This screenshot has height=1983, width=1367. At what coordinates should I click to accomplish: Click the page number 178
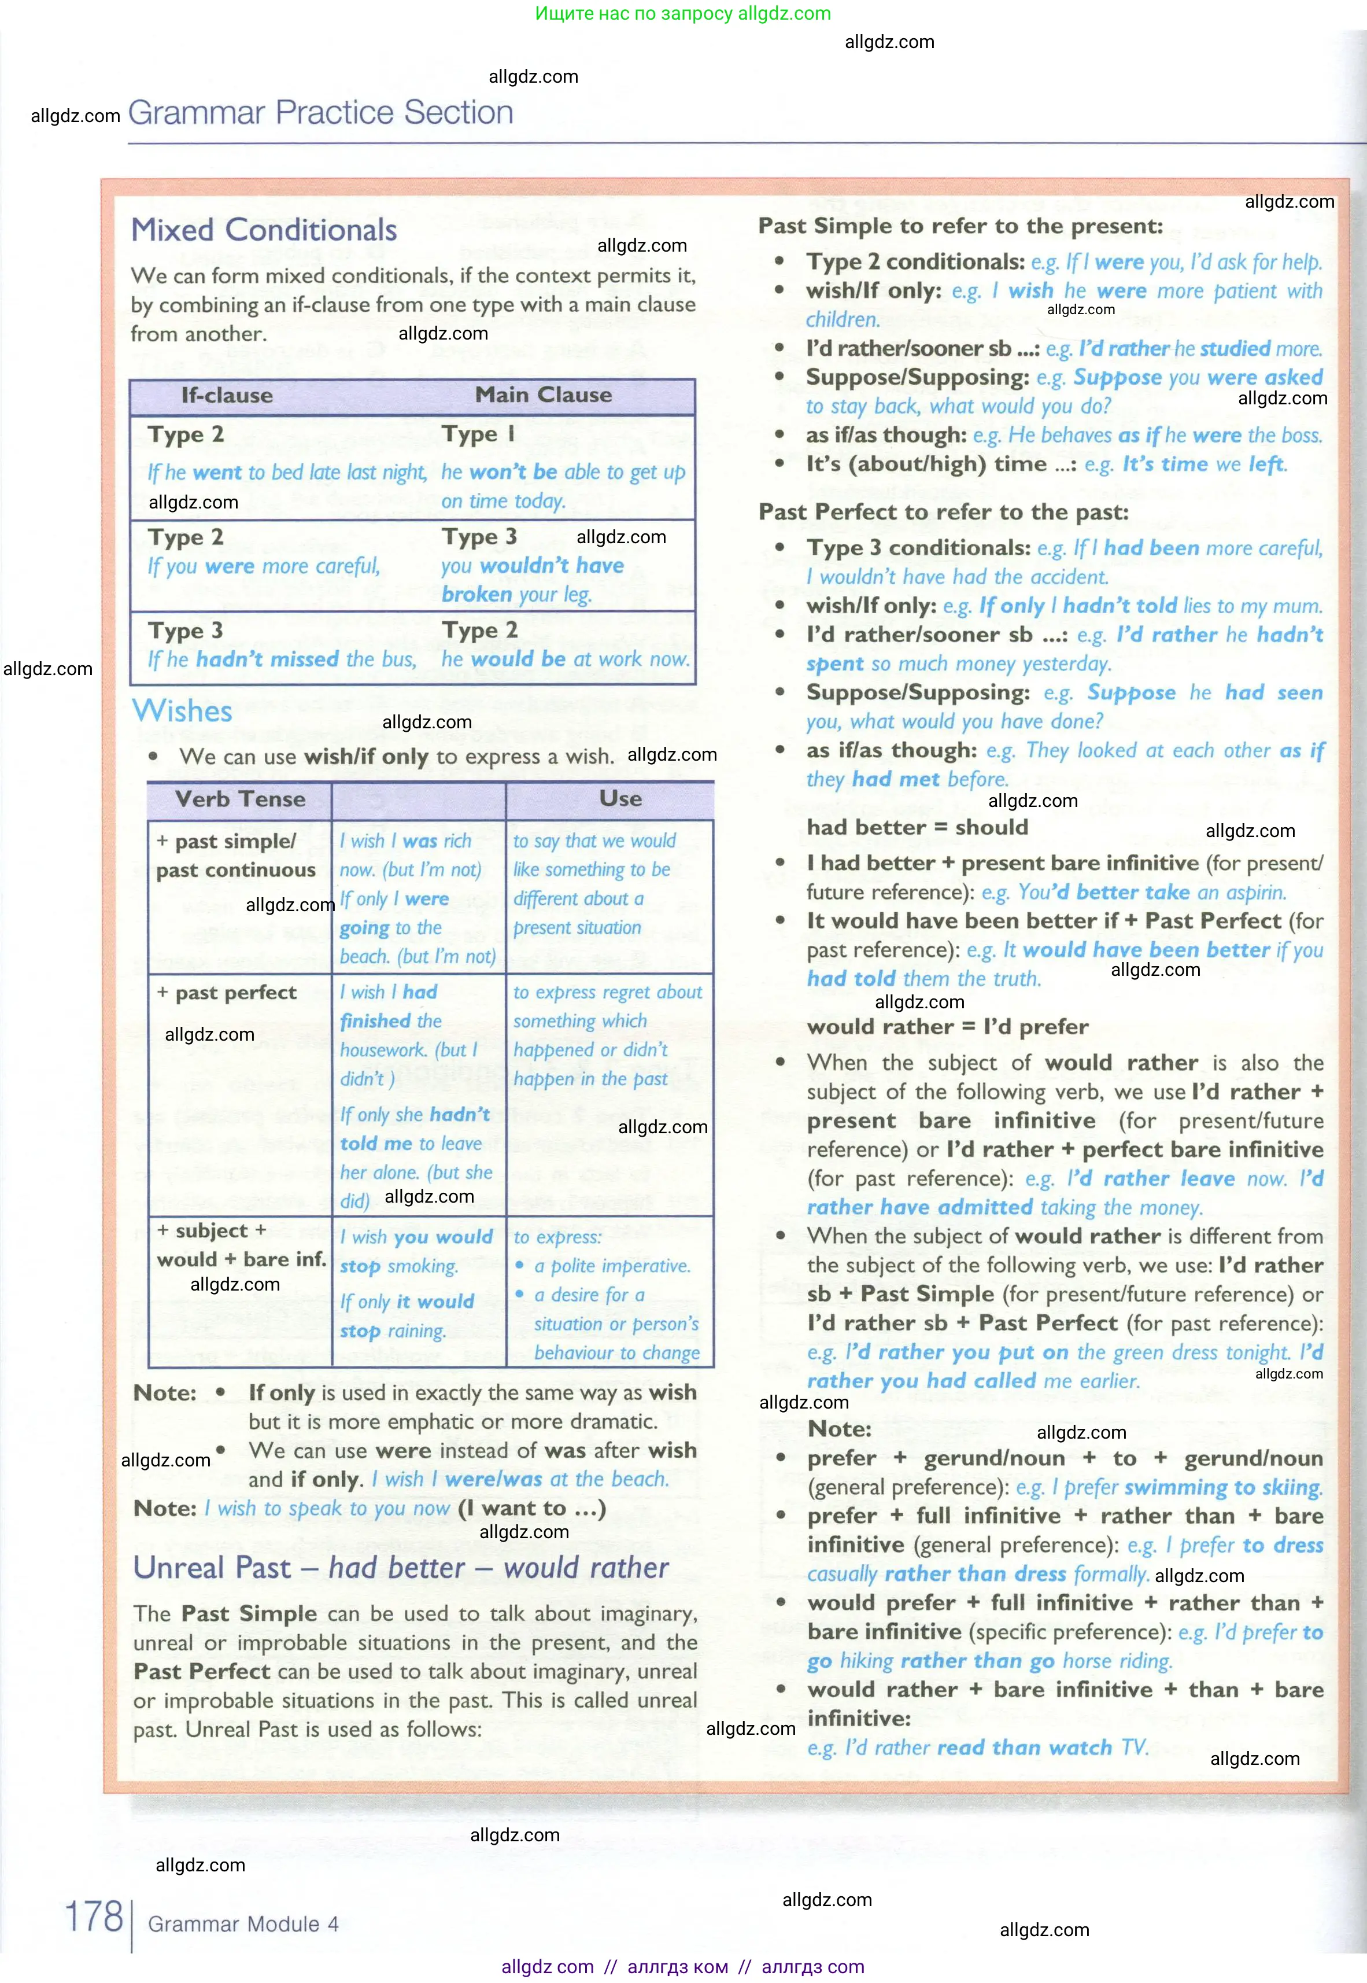pyautogui.click(x=94, y=1916)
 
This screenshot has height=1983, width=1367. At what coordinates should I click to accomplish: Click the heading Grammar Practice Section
pyautogui.click(x=320, y=113)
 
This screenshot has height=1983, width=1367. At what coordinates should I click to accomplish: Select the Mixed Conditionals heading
pyautogui.click(x=264, y=230)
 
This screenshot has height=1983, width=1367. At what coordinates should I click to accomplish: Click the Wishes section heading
pyautogui.click(x=182, y=711)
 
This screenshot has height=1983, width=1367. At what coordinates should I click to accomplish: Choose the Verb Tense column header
pyautogui.click(x=240, y=799)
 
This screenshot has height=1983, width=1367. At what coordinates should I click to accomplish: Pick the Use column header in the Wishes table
pyautogui.click(x=620, y=798)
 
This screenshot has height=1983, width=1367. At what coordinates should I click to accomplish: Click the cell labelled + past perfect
pyautogui.click(x=228, y=993)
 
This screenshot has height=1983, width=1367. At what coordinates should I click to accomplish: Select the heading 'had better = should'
pyautogui.click(x=917, y=827)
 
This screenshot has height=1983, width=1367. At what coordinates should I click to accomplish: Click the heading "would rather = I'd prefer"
pyautogui.click(x=947, y=1027)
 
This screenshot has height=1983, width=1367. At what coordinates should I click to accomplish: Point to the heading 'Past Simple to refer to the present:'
pyautogui.click(x=960, y=226)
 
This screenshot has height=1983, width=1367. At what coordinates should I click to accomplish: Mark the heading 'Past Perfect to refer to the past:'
pyautogui.click(x=943, y=513)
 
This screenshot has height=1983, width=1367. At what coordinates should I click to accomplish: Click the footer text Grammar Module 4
pyautogui.click(x=243, y=1924)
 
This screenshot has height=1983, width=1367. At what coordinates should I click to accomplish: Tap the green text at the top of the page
pyautogui.click(x=683, y=14)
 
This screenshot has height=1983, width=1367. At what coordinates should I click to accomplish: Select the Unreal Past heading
pyautogui.click(x=401, y=1568)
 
